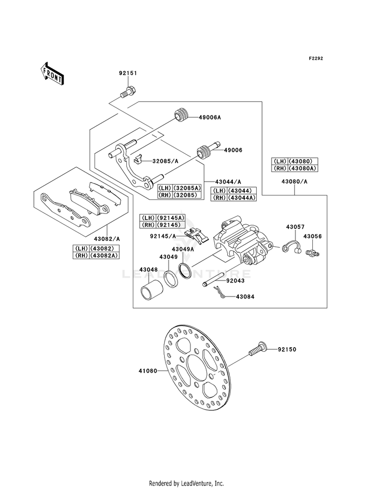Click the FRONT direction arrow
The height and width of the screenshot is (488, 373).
(52, 74)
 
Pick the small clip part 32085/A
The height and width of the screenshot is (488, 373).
(137, 159)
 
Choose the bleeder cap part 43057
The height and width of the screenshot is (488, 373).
(291, 247)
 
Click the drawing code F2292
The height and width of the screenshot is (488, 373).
(316, 58)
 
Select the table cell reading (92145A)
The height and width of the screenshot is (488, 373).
(170, 217)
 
